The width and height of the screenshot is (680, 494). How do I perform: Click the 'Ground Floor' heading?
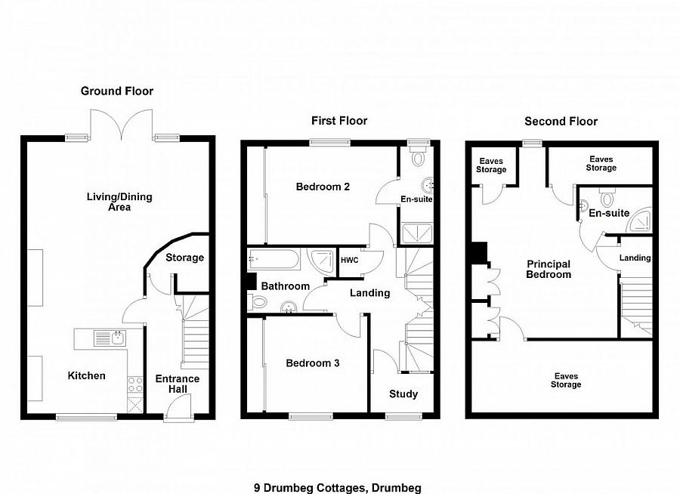click(117, 91)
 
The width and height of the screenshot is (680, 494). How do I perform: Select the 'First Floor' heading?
click(339, 121)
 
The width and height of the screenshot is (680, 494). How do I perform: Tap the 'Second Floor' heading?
click(561, 121)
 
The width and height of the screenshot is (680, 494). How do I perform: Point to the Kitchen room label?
click(87, 375)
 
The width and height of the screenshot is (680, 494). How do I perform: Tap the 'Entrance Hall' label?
click(178, 384)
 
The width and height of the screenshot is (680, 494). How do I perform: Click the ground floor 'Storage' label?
click(184, 258)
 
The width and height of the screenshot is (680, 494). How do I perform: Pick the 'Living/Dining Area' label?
click(119, 202)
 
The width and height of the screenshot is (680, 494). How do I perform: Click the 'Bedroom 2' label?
click(323, 187)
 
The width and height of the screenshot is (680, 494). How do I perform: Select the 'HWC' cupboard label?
click(350, 260)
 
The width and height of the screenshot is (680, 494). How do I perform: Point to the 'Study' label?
click(403, 394)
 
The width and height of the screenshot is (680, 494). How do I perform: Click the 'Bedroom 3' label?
click(312, 363)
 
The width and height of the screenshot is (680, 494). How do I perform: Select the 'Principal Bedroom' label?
click(549, 270)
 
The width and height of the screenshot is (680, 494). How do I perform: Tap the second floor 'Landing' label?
click(635, 258)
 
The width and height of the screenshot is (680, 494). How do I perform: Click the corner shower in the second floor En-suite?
click(640, 217)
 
